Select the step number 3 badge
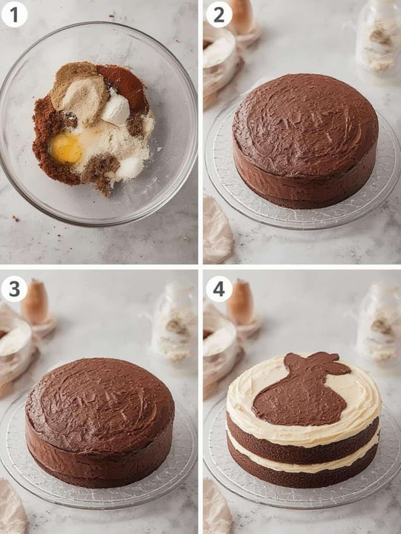pyautogui.click(x=14, y=290)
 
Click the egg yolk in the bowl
pyautogui.click(x=67, y=148)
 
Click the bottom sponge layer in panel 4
pyautogui.click(x=303, y=472)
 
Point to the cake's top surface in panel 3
pyautogui.click(x=100, y=400)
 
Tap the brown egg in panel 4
pyautogui.click(x=240, y=302)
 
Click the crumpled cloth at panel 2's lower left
pyautogui.click(x=218, y=227)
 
